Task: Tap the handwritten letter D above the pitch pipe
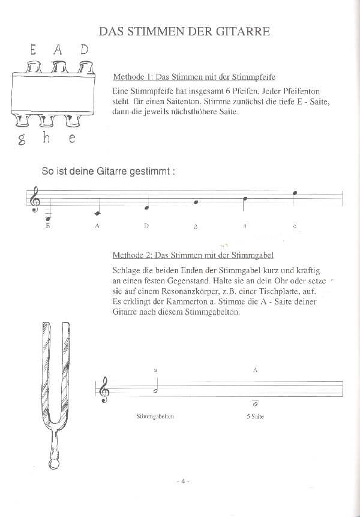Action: (x=85, y=50)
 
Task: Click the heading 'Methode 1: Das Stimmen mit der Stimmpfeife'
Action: (x=194, y=77)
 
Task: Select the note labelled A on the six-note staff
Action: (x=96, y=213)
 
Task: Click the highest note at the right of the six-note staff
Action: (x=293, y=193)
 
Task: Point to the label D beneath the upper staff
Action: (x=146, y=226)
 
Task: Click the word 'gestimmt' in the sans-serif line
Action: (x=149, y=171)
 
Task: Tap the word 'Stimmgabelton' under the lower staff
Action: (x=155, y=416)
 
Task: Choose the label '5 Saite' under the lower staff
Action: (x=255, y=416)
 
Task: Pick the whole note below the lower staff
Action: (x=256, y=405)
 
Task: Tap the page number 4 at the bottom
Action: (x=183, y=482)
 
